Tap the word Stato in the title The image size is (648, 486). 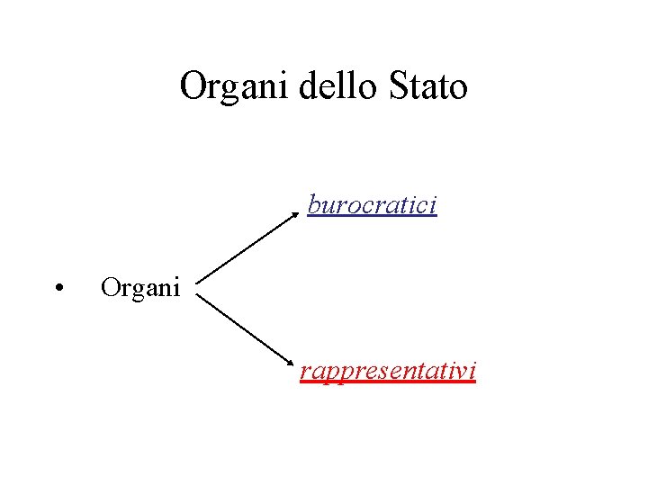pyautogui.click(x=429, y=87)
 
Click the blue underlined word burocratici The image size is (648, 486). pyautogui.click(x=372, y=205)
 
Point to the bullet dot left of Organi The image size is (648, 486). pyautogui.click(x=57, y=289)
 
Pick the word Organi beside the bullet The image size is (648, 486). pyautogui.click(x=141, y=288)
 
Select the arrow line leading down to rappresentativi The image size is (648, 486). pyautogui.click(x=247, y=330)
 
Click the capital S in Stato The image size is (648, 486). pyautogui.click(x=400, y=87)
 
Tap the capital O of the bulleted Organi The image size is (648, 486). pyautogui.click(x=110, y=288)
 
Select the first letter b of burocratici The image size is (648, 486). pyautogui.click(x=314, y=205)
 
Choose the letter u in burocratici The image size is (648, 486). pyautogui.click(x=327, y=206)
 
